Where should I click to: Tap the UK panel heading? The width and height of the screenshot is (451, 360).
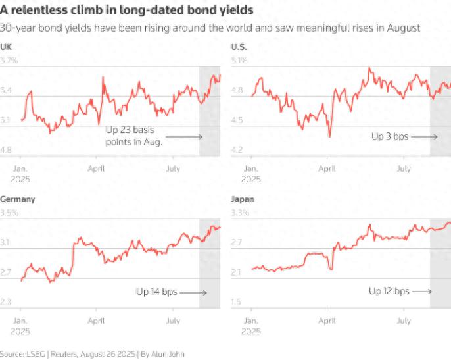[x=6, y=47]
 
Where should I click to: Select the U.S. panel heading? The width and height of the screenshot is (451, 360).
[x=238, y=47]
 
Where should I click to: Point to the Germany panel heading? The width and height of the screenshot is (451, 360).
[x=18, y=199]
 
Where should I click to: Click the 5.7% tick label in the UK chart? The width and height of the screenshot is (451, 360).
[x=9, y=61]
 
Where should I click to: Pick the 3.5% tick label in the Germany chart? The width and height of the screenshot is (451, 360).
[x=9, y=213]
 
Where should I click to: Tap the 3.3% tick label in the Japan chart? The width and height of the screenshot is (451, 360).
[x=240, y=213]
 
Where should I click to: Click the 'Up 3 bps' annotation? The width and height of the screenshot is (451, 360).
[x=390, y=136]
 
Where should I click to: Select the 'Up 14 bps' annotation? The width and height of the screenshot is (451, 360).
[x=156, y=291]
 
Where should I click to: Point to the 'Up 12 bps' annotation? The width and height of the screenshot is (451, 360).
[x=389, y=291]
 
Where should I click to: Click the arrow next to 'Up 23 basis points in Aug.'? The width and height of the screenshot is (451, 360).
[x=188, y=137]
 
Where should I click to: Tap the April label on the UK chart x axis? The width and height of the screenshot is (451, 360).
[x=96, y=168]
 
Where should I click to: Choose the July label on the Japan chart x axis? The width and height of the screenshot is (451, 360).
[x=404, y=321]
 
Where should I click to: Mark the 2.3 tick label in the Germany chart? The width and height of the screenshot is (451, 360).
[x=7, y=302]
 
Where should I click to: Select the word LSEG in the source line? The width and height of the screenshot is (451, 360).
[x=35, y=354]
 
